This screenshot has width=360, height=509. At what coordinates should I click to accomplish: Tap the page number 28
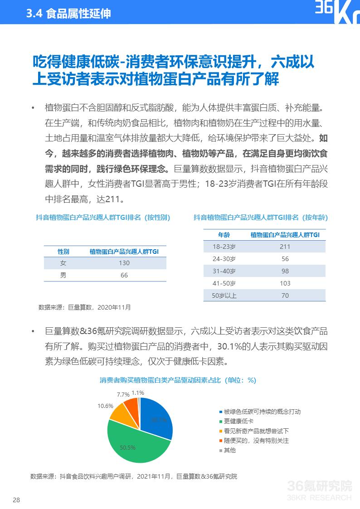coord(16,500)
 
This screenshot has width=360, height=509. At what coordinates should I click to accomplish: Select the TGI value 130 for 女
coord(124,263)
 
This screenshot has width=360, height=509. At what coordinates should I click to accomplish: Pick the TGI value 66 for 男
coord(124,275)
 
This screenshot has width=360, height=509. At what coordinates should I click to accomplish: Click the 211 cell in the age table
coord(285,247)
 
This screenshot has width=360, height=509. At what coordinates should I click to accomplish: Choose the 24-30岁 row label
coord(224,259)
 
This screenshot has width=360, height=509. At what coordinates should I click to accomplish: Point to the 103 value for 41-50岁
coord(285,283)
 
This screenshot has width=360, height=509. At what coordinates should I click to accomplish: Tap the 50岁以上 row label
coord(224,296)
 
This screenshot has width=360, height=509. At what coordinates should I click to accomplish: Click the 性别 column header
coord(63,251)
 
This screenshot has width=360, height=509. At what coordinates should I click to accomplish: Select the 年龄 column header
coord(224,235)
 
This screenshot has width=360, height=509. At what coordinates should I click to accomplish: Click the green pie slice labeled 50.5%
coord(131,446)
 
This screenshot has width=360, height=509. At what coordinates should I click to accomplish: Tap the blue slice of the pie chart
coord(156,419)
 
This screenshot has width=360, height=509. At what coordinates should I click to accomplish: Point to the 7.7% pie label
coord(123,395)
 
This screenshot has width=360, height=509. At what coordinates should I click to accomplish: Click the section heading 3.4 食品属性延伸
coord(68,14)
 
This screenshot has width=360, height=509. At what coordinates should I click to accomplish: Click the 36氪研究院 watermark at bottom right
coord(320,487)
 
